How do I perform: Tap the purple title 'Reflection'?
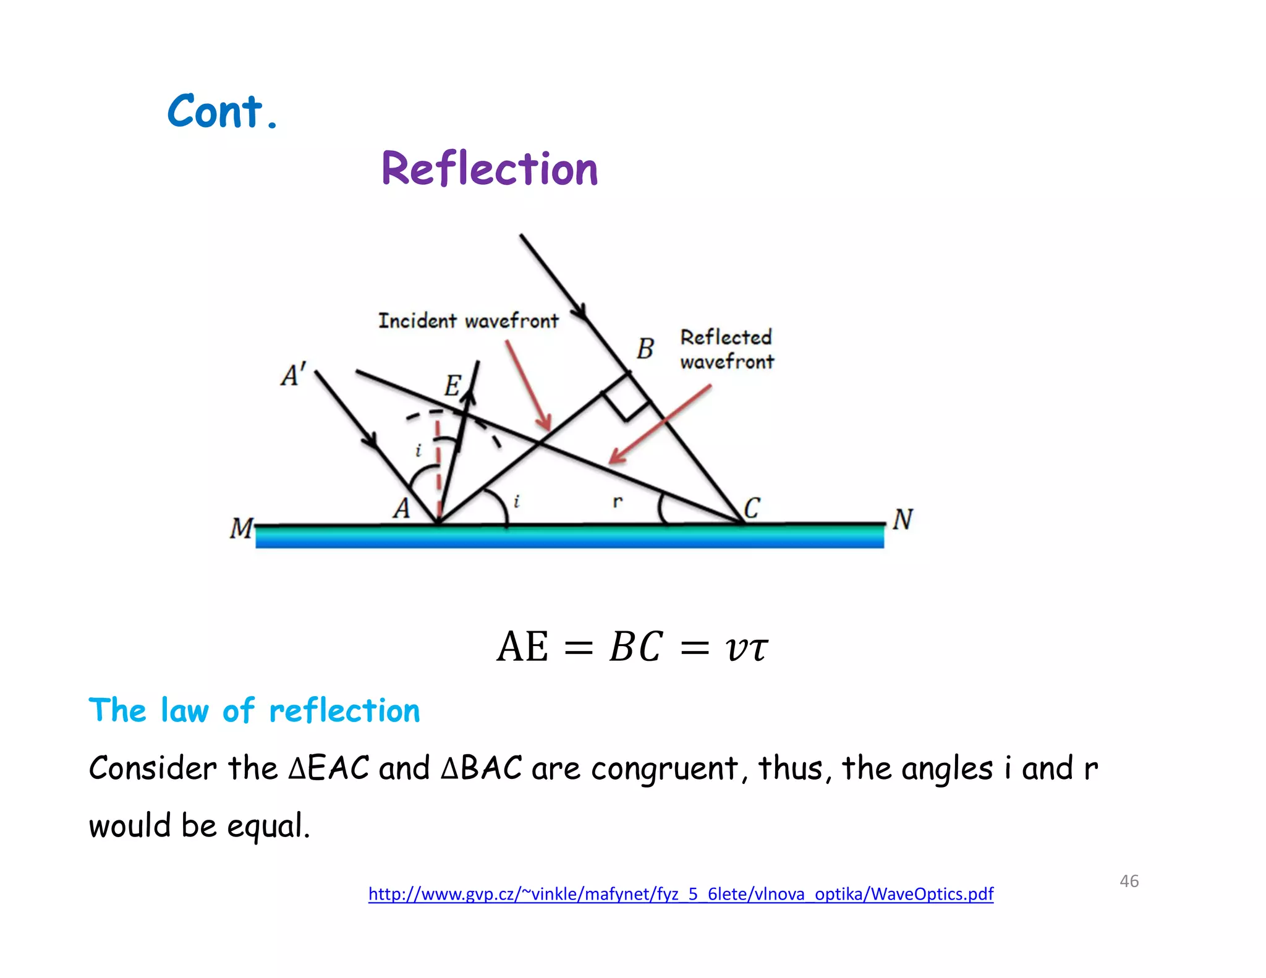[490, 169]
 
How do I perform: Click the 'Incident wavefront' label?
[468, 321]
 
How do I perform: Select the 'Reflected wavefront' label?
[726, 349]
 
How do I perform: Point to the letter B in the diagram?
[645, 349]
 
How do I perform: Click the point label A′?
[293, 375]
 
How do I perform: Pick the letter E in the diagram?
[452, 386]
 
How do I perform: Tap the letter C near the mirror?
[752, 508]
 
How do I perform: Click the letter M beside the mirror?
[241, 529]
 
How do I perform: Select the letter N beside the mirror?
[903, 519]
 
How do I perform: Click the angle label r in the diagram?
[617, 501]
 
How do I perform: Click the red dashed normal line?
[438, 464]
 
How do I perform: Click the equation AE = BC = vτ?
[632, 647]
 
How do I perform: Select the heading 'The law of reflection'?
[254, 710]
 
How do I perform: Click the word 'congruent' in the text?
[664, 769]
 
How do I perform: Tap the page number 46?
[1129, 881]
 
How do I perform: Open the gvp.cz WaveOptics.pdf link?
[681, 894]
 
